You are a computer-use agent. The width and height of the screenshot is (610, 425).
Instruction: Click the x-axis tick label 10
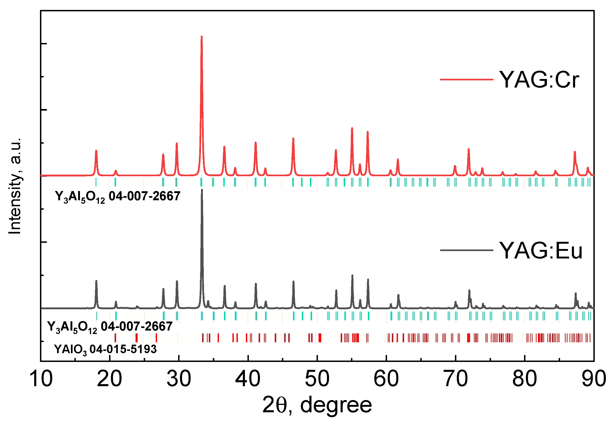(41, 379)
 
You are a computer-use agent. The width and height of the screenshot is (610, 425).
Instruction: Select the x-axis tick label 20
(110, 379)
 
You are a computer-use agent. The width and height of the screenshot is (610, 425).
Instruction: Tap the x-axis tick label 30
(179, 379)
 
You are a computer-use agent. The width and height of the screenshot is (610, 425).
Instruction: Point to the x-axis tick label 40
(248, 379)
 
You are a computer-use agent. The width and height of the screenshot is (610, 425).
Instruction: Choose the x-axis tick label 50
(317, 379)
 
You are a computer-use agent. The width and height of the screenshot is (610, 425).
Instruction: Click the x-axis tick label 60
(386, 379)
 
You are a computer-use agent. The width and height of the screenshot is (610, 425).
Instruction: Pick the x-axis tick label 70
(455, 379)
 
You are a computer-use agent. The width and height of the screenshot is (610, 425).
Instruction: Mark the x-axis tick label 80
(525, 379)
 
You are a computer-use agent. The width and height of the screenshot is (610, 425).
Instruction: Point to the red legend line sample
(467, 79)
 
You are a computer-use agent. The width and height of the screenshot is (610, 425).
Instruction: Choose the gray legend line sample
(467, 250)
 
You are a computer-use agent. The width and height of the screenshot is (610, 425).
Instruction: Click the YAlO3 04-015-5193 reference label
(105, 349)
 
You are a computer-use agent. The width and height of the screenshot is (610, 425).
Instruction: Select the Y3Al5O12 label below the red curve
(117, 197)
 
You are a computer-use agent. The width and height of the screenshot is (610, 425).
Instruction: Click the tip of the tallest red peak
(202, 36)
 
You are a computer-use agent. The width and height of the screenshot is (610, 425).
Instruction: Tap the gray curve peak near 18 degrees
(96, 281)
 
